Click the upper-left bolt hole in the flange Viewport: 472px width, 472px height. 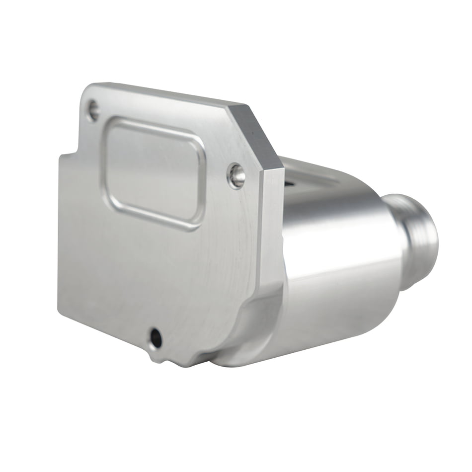click(93, 110)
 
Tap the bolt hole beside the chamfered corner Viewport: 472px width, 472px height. click(236, 175)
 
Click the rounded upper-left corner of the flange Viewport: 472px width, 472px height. click(87, 92)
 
